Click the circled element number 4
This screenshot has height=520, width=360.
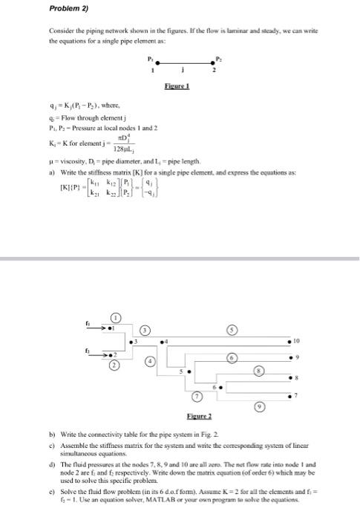pos(151,361)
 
